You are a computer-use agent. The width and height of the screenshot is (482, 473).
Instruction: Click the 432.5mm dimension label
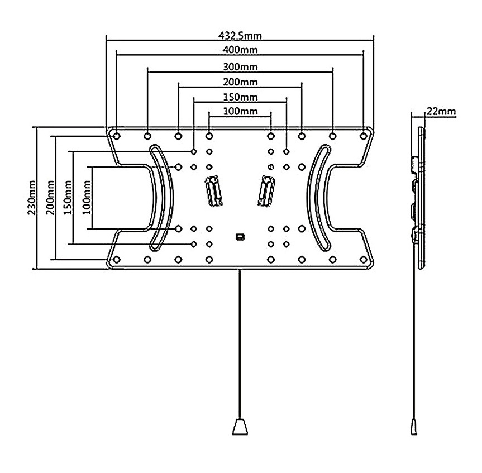240,36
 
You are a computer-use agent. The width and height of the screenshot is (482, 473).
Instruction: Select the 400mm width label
240,50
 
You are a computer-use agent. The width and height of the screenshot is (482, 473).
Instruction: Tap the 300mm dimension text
240,67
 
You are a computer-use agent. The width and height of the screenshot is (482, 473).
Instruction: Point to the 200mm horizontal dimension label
240,82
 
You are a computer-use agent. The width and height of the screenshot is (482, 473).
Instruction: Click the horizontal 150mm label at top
240,97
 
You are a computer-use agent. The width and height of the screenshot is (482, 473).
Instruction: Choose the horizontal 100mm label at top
240,111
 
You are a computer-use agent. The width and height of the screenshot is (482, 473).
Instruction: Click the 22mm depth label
441,111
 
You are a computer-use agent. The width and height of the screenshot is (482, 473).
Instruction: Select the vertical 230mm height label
32,197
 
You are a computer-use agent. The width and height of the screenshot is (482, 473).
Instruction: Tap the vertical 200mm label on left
50,197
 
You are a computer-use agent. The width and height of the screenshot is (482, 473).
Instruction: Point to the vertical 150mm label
68,197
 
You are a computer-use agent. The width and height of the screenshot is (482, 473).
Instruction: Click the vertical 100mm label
86,197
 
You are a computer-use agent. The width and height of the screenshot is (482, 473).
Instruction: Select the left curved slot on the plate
163,196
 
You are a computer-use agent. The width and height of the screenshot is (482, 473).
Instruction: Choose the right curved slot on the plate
317,196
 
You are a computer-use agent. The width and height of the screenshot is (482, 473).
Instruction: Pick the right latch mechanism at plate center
266,190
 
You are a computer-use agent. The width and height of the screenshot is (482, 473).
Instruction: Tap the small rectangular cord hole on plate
240,237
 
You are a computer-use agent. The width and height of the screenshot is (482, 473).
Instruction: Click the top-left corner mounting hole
116,136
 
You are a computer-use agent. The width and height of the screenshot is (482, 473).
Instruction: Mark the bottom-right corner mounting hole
364,259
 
